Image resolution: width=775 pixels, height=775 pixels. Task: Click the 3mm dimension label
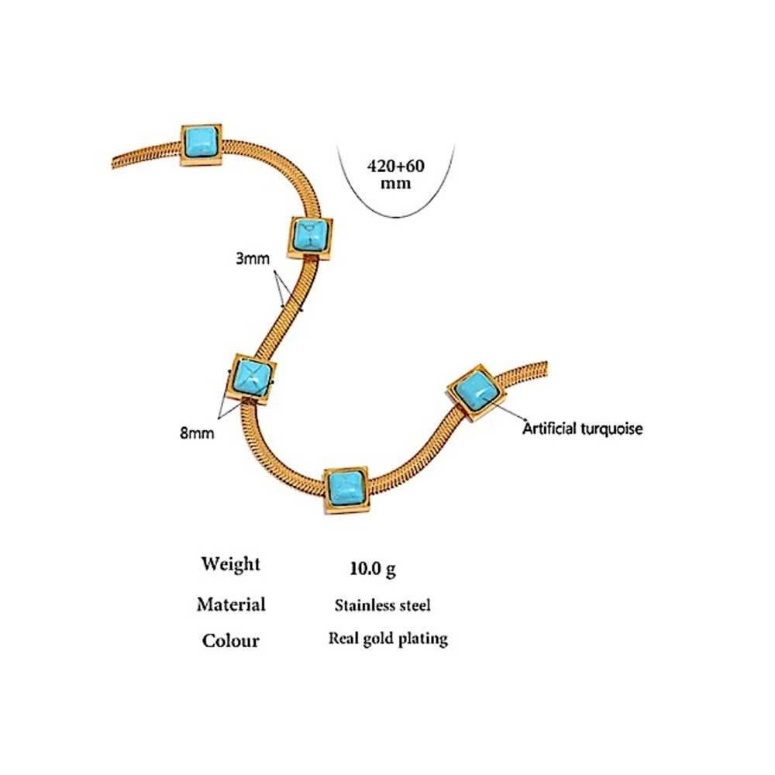point(253,259)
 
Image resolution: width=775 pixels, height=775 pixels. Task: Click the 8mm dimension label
point(197,433)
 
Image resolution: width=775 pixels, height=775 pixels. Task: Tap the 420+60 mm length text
point(395,174)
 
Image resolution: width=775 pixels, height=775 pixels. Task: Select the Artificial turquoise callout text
point(582,428)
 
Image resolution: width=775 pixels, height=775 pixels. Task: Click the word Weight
point(230,564)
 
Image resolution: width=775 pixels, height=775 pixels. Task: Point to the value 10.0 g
point(373,569)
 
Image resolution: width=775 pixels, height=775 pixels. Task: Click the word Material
point(231,604)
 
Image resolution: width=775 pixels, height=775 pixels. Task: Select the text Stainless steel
point(382,605)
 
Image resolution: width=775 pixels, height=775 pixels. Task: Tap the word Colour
point(230,641)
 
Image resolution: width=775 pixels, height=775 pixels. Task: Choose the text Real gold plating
point(388,639)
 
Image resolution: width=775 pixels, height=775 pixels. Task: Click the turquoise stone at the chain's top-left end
point(201,141)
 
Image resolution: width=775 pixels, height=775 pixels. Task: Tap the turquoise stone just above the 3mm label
point(309,235)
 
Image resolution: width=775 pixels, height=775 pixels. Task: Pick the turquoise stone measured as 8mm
point(252,377)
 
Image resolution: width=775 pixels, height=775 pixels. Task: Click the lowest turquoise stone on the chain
point(346,487)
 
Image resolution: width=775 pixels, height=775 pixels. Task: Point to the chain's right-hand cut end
point(546,369)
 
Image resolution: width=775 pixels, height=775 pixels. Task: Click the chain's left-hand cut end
point(113,163)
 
